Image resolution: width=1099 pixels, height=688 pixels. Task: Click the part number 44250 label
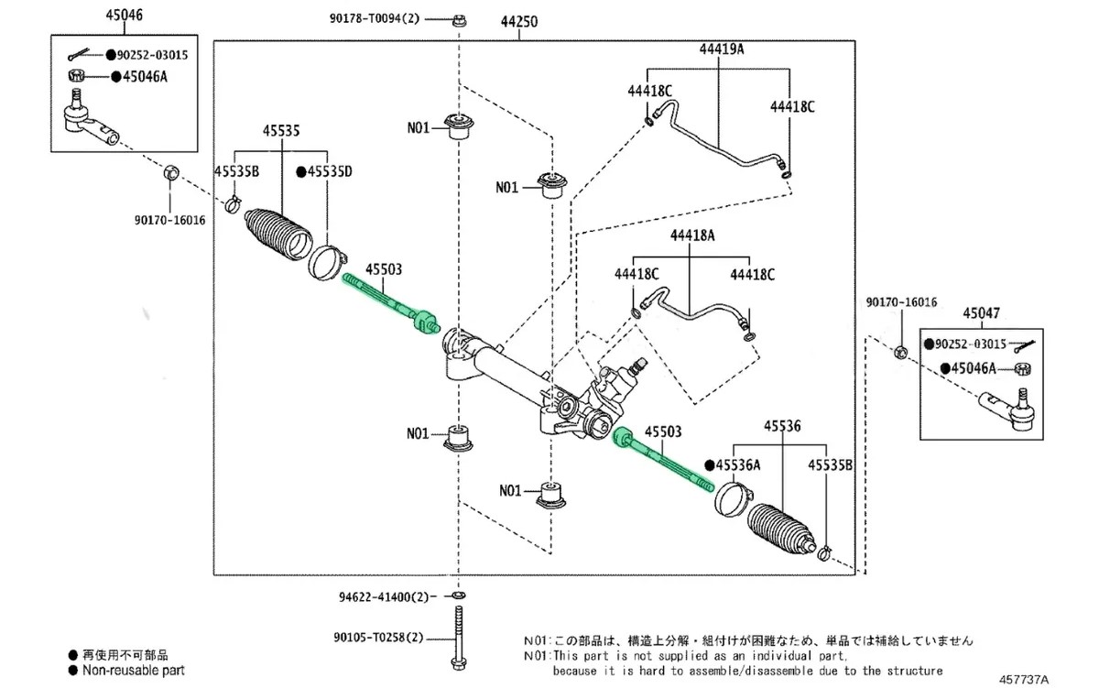click(x=519, y=22)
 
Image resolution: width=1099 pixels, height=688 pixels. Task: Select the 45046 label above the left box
click(x=125, y=16)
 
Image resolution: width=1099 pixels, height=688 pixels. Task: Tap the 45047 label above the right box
click(x=981, y=313)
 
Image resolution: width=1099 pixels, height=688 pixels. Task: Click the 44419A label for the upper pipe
click(x=722, y=49)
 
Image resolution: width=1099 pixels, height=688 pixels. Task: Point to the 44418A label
click(x=692, y=235)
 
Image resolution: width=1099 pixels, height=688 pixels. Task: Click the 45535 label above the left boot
click(x=281, y=130)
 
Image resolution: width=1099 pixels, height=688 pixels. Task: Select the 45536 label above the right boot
click(x=782, y=426)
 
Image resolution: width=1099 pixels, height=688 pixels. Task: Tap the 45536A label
click(x=738, y=464)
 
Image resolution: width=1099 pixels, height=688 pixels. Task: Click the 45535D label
click(x=330, y=171)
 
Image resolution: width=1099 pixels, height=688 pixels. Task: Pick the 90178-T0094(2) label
click(x=375, y=18)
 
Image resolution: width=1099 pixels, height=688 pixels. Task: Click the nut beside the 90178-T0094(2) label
click(x=460, y=20)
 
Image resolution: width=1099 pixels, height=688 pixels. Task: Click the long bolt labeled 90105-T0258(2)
click(x=459, y=638)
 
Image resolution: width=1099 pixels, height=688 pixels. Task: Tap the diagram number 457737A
click(x=1024, y=680)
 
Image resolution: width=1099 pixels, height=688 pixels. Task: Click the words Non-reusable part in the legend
click(x=134, y=671)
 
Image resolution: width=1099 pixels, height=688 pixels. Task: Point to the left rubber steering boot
click(x=278, y=235)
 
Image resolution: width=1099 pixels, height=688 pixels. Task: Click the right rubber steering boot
click(x=781, y=530)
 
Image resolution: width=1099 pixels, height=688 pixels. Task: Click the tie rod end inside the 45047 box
click(x=1007, y=410)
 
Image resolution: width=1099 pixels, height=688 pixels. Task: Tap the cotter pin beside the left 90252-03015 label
click(x=79, y=54)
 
